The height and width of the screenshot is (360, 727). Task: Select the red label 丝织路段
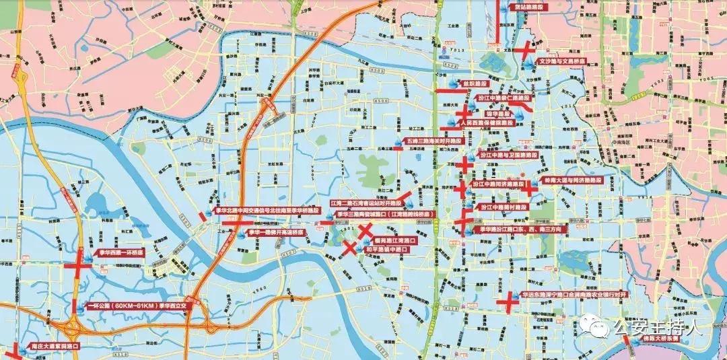[x=476, y=83]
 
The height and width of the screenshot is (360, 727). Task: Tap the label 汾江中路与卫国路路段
[x=508, y=155]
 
